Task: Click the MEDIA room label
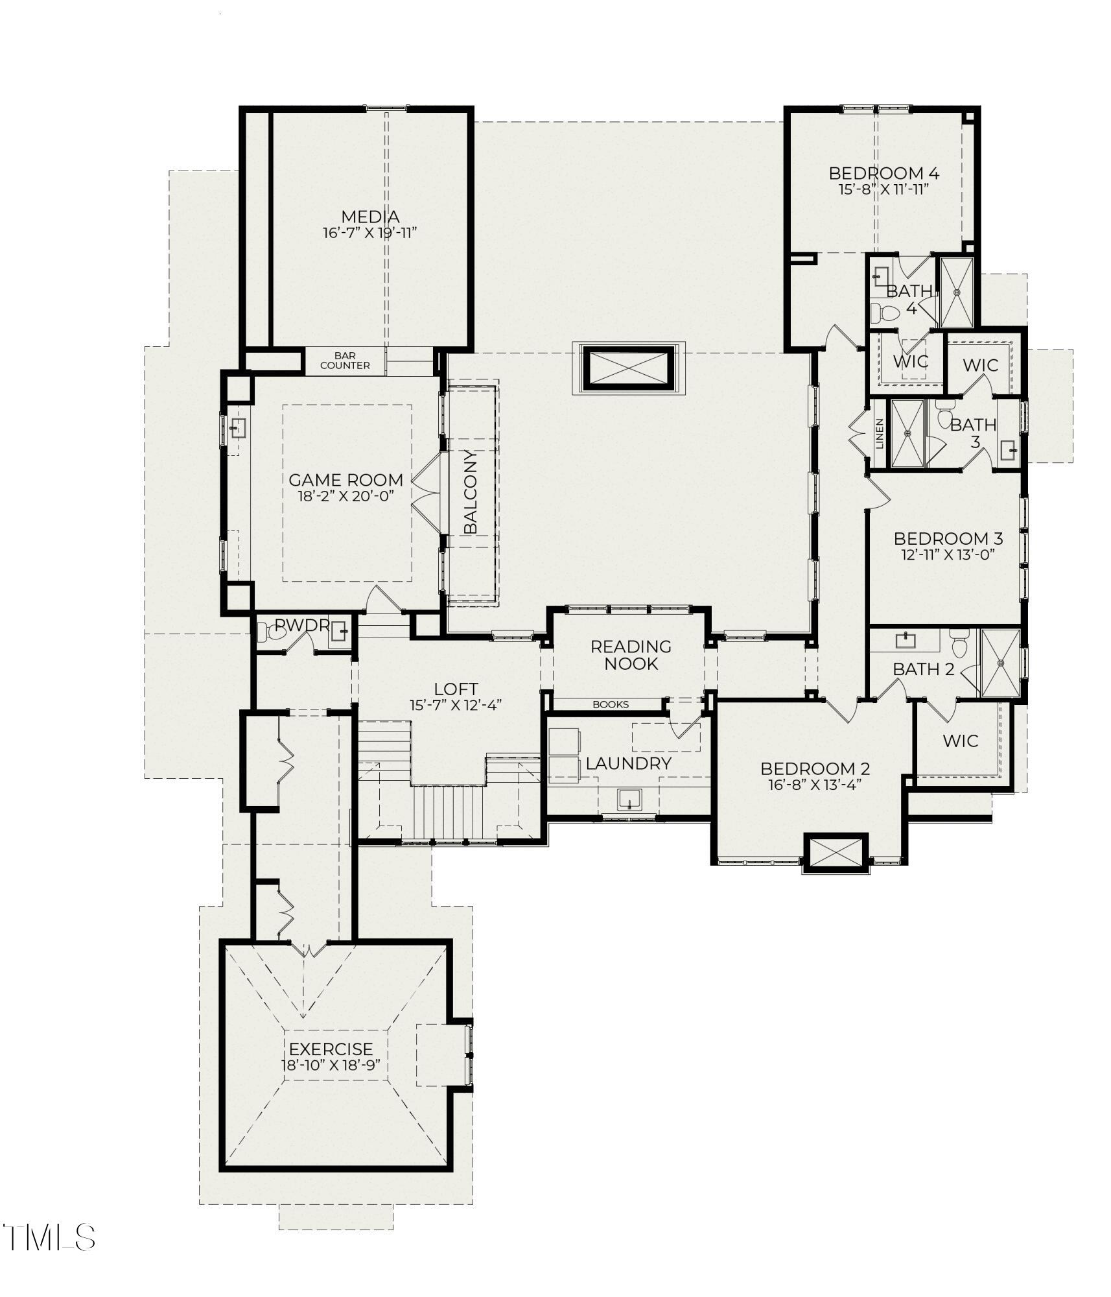[369, 217]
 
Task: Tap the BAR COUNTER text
[345, 361]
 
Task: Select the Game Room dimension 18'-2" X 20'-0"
[345, 496]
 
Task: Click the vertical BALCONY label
[471, 492]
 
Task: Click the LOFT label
[456, 689]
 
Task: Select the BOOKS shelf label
[611, 704]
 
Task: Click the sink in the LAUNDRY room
[629, 799]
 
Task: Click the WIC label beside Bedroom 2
[960, 741]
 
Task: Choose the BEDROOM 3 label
[948, 538]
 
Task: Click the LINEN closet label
[880, 434]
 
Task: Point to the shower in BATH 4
[957, 292]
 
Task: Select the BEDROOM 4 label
[883, 173]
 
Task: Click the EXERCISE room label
[331, 1049]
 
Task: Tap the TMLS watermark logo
[49, 1237]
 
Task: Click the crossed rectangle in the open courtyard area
[627, 368]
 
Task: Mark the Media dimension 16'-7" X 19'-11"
[369, 233]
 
